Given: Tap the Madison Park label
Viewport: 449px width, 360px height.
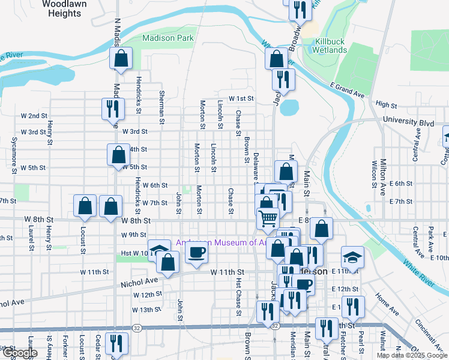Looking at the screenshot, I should [167, 38].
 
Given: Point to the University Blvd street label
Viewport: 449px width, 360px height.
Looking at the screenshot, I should [412, 122].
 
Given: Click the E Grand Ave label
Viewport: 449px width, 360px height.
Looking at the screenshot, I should [347, 91].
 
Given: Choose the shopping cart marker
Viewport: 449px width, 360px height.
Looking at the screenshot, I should [268, 218].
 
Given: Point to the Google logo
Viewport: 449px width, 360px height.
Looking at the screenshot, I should [20, 353].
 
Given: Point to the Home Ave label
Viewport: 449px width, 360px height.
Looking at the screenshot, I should [387, 304].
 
